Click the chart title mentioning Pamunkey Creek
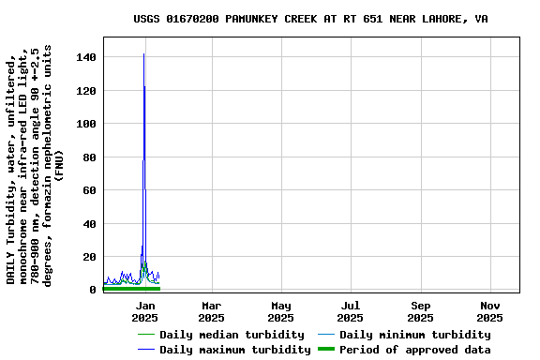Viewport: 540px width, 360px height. coord(310,19)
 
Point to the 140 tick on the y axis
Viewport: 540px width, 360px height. coord(87,58)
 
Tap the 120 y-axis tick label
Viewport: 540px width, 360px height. coord(87,91)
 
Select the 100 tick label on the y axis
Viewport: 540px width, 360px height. coord(87,125)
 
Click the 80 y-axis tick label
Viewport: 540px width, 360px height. coord(90,157)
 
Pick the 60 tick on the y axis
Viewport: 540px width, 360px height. coord(90,190)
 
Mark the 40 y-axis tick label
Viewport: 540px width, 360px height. coord(90,224)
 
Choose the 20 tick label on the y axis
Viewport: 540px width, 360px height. coord(90,257)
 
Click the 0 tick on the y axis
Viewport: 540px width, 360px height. coord(93,290)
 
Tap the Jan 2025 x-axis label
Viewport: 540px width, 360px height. coord(145,311)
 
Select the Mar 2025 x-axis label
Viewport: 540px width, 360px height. coord(212,311)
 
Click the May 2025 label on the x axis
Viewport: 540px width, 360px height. coord(281,311)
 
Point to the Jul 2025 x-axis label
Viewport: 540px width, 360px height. coord(351,311)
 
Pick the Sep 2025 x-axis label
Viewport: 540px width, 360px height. coord(421,311)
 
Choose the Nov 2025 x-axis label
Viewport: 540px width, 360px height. coord(490,311)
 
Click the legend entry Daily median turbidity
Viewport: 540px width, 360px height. coord(232,335)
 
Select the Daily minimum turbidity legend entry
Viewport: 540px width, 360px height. coord(414,335)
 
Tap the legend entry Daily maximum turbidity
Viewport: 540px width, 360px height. coord(234,350)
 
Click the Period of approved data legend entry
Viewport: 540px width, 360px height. coord(414,350)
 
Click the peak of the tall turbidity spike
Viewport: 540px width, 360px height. coord(143,54)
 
